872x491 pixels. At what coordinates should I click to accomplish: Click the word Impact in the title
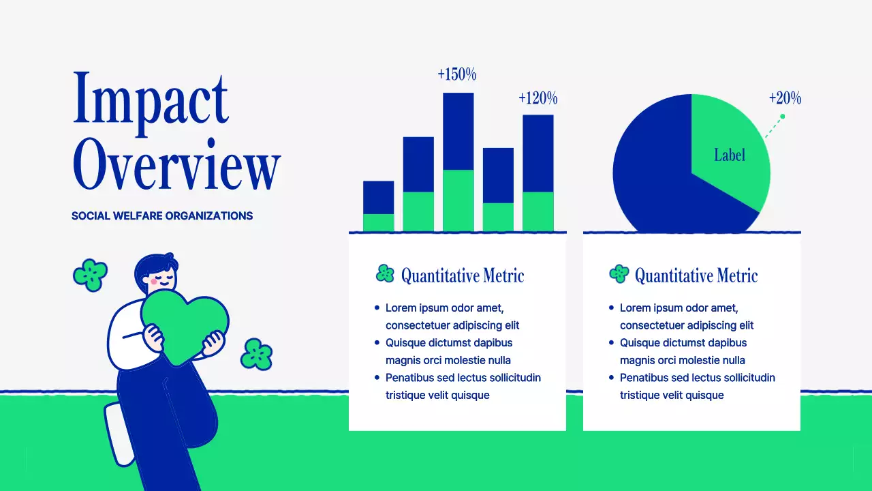[x=150, y=102]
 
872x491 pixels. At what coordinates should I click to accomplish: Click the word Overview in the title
[x=176, y=164]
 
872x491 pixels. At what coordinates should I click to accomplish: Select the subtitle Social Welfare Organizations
[x=162, y=216]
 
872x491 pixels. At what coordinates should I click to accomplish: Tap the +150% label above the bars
[x=456, y=74]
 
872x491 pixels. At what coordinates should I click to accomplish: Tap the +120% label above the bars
[x=538, y=99]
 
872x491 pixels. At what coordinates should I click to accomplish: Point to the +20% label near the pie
[x=785, y=99]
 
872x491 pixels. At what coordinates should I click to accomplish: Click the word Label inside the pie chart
[x=729, y=155]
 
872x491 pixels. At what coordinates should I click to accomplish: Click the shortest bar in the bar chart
[x=378, y=205]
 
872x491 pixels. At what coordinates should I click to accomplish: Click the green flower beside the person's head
[x=90, y=275]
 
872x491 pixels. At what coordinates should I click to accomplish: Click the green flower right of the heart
[x=257, y=354]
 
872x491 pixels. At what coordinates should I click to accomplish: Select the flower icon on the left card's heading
[x=385, y=274]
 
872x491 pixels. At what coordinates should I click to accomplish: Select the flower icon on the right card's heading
[x=619, y=274]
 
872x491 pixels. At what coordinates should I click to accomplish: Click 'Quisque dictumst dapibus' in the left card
[x=448, y=343]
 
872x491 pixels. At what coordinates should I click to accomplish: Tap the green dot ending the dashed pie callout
[x=782, y=117]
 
